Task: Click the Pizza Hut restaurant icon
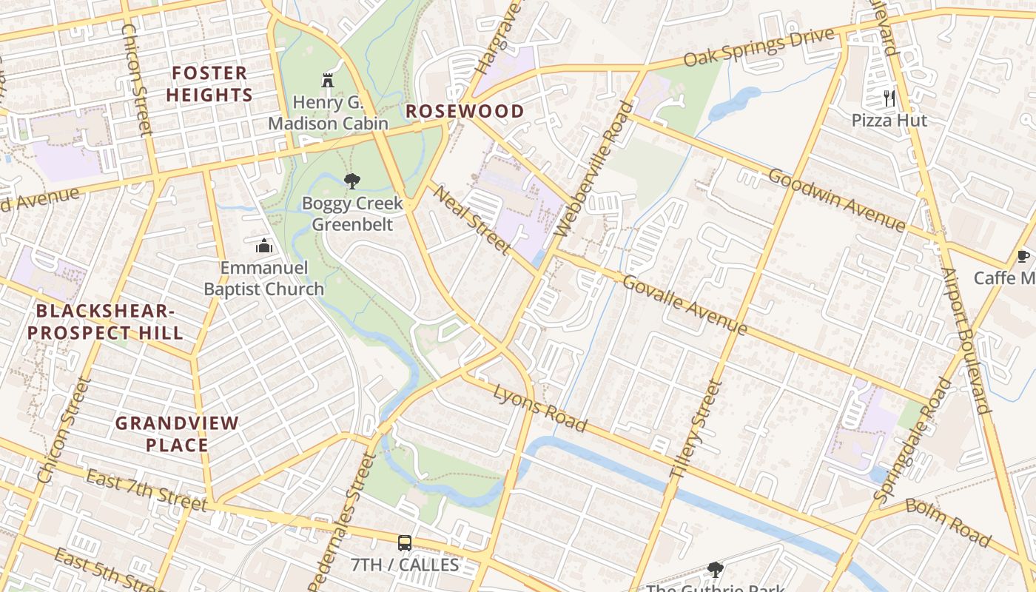tap(889, 98)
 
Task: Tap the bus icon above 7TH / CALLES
tap(404, 543)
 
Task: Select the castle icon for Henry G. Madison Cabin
tap(328, 80)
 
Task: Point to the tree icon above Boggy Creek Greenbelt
tap(352, 181)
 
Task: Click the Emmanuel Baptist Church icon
tap(264, 246)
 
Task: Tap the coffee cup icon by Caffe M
tap(1023, 257)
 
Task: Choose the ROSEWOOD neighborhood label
tap(465, 112)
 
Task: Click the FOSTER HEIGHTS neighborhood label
tap(209, 84)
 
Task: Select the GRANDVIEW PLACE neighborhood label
tap(177, 434)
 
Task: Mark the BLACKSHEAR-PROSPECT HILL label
tap(105, 322)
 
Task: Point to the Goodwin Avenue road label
tap(836, 200)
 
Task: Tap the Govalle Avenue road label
tap(684, 304)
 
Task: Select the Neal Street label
tap(471, 220)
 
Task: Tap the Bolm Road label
tap(947, 522)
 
